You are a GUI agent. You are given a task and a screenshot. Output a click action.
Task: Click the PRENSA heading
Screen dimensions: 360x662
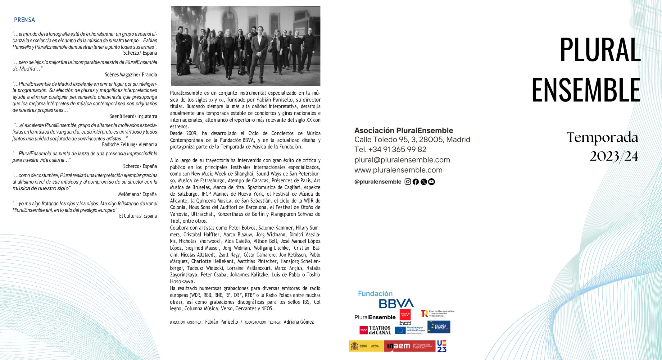point(25,20)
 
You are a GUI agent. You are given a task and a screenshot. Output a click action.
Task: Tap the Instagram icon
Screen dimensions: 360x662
point(408,182)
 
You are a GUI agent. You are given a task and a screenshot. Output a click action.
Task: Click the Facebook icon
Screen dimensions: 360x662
point(416,182)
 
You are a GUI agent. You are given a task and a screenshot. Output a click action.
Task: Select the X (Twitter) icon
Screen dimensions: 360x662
point(424,182)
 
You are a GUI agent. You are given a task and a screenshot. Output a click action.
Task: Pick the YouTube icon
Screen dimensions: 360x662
point(431,182)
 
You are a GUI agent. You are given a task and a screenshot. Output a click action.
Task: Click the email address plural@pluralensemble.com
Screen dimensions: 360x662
point(402,160)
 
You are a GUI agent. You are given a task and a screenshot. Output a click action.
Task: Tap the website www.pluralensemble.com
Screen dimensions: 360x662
point(398,170)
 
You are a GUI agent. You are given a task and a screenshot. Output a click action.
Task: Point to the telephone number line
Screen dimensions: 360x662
point(390,150)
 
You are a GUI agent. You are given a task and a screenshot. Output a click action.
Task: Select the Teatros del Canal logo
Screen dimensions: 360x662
point(375,330)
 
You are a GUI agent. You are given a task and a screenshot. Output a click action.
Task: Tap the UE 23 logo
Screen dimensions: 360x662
point(442,346)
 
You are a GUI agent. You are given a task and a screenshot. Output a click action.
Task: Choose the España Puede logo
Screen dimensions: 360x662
point(439,327)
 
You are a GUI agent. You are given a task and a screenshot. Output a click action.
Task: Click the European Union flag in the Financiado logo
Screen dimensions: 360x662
point(400,330)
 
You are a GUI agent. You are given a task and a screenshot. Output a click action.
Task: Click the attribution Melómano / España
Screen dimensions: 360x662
point(137,194)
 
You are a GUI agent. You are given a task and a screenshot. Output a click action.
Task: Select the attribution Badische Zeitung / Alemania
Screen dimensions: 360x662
point(129,145)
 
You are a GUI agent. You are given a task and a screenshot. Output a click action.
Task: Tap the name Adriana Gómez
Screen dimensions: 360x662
point(299,322)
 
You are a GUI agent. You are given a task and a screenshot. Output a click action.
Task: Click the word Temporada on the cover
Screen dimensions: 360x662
point(602,138)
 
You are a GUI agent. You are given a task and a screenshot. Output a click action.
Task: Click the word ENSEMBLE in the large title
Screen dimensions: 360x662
point(586,90)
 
